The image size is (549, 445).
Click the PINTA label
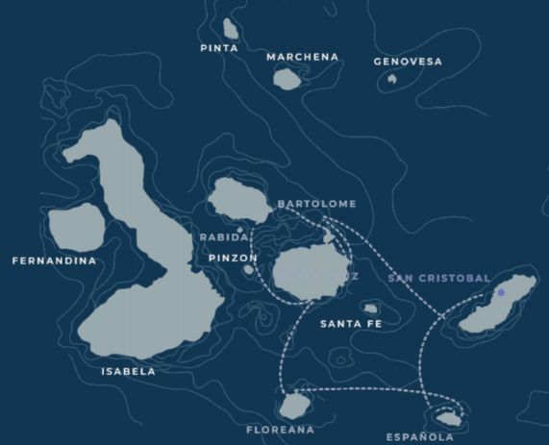tap(219, 48)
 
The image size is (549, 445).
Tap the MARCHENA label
tap(303, 57)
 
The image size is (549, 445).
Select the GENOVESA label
tap(408, 62)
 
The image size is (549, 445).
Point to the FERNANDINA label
tap(54, 260)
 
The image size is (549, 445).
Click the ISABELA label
tap(128, 371)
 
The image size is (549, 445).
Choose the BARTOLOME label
tap(316, 204)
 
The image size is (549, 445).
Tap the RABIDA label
tap(224, 236)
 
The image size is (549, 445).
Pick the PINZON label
tap(233, 258)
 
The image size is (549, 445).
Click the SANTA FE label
tap(351, 324)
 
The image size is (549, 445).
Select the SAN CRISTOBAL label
tap(439, 278)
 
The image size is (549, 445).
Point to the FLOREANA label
tap(280, 430)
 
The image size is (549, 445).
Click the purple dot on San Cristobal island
tap(501, 292)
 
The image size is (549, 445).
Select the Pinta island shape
tap(230, 29)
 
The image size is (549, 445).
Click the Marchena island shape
tap(287, 79)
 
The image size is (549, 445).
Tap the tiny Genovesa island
tap(391, 79)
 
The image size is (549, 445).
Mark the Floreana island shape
tap(295, 405)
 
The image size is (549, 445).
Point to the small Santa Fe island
tap(371, 309)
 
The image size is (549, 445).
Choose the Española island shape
tap(446, 418)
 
